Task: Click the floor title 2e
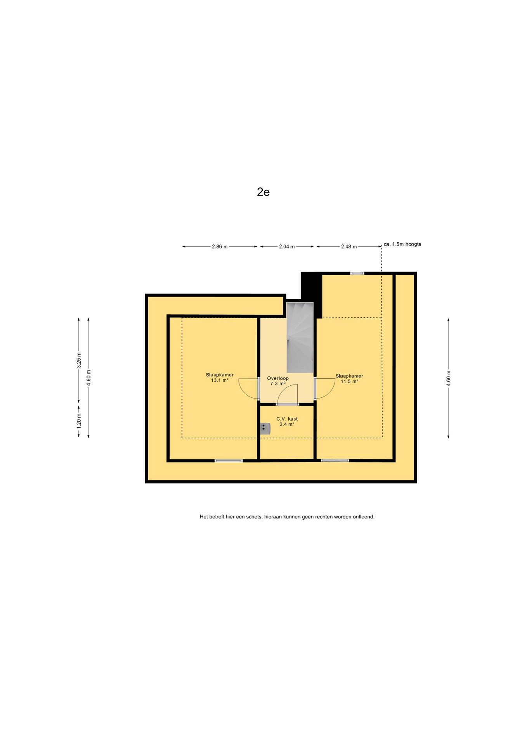(263, 192)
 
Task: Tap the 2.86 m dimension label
(220, 246)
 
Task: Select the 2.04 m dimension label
(287, 246)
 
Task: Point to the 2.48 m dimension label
(349, 246)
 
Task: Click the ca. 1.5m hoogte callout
(402, 244)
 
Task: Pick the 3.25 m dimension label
(79, 360)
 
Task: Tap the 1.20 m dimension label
(79, 421)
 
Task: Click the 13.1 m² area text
(220, 380)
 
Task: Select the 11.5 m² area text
(349, 381)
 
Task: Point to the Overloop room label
(278, 378)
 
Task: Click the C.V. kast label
(287, 419)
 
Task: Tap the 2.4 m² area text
(287, 424)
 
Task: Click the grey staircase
(300, 337)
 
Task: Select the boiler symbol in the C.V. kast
(265, 428)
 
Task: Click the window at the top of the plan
(357, 274)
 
